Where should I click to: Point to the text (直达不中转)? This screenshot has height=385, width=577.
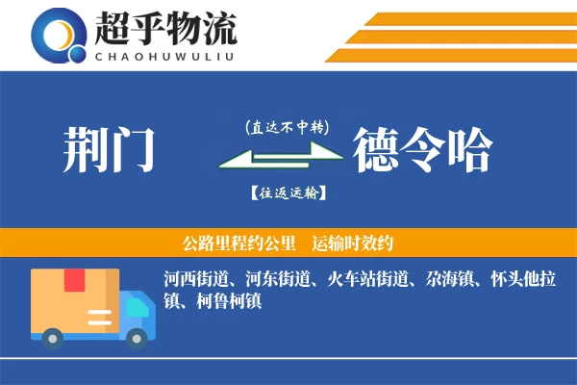(287, 126)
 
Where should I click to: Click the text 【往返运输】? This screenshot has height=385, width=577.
(287, 192)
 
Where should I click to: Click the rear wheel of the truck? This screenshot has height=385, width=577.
(53, 337)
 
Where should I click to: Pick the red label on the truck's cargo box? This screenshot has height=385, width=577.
(75, 281)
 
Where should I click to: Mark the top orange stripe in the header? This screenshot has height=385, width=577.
(471, 18)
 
